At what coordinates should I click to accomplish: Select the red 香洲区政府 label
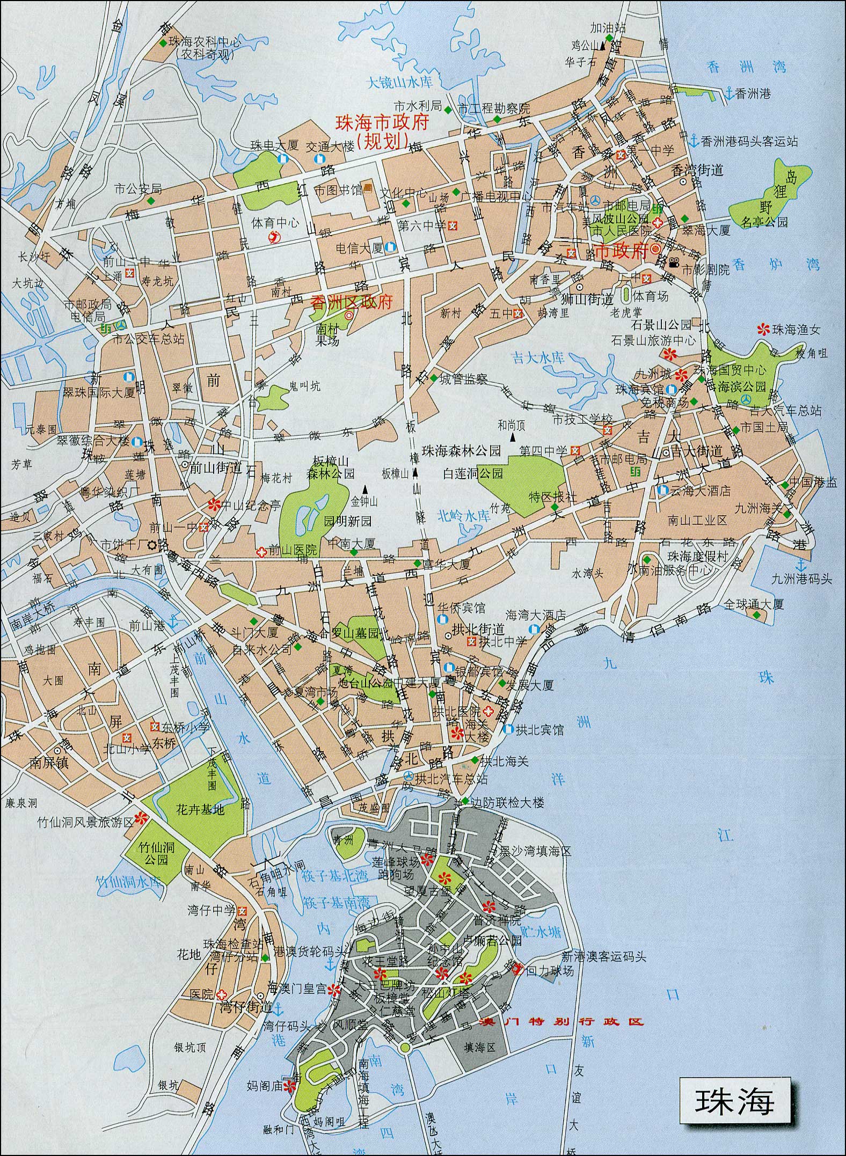click(352, 302)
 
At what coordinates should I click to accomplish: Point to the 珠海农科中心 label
click(205, 42)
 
